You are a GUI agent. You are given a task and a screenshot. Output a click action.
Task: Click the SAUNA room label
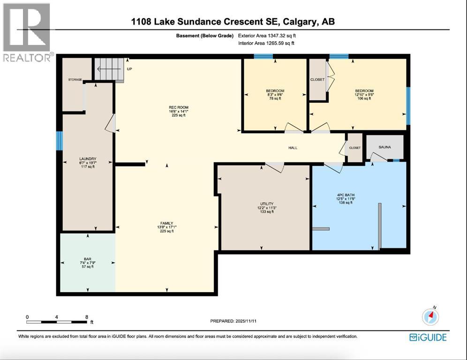(384, 145)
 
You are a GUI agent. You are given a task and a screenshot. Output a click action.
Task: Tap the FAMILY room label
(166, 223)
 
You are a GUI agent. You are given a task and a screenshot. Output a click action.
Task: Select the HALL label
(293, 148)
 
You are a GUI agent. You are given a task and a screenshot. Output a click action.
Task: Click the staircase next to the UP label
(109, 69)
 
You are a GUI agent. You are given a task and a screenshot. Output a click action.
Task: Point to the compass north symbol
(430, 317)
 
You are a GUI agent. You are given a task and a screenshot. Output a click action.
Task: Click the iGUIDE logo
(428, 337)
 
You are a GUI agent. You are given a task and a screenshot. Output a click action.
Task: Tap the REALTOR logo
(27, 33)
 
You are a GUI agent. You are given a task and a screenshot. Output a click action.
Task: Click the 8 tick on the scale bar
(86, 317)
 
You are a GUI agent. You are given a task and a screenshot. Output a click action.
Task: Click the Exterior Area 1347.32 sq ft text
(267, 35)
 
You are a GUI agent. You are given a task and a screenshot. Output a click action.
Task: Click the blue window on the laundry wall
(60, 141)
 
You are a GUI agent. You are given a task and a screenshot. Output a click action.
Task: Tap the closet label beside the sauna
(355, 148)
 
